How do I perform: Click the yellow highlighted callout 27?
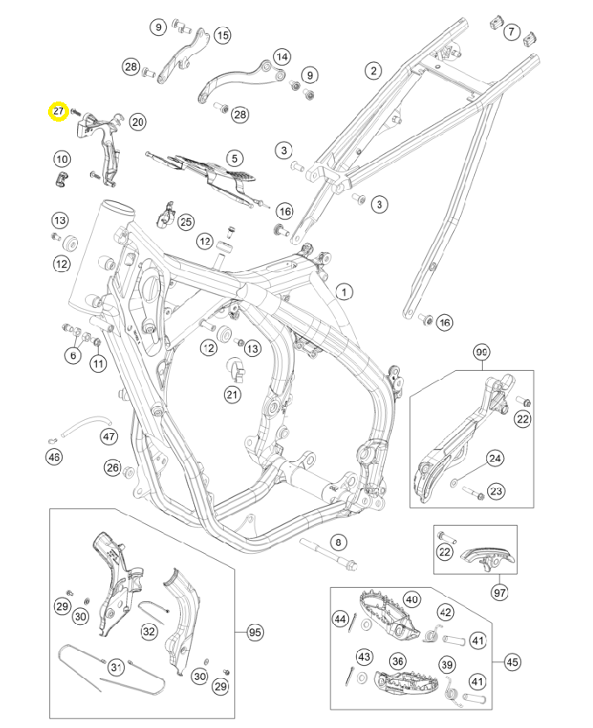59,112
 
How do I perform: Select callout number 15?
222,36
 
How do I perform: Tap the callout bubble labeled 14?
281,57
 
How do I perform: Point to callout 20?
137,122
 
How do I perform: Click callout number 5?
234,158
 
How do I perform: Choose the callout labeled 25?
185,222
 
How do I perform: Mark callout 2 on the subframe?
373,70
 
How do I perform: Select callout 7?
510,31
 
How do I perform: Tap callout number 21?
232,395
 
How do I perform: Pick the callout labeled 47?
108,436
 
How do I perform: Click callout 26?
112,468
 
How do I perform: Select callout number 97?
499,593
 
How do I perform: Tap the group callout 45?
513,661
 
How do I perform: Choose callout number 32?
150,631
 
